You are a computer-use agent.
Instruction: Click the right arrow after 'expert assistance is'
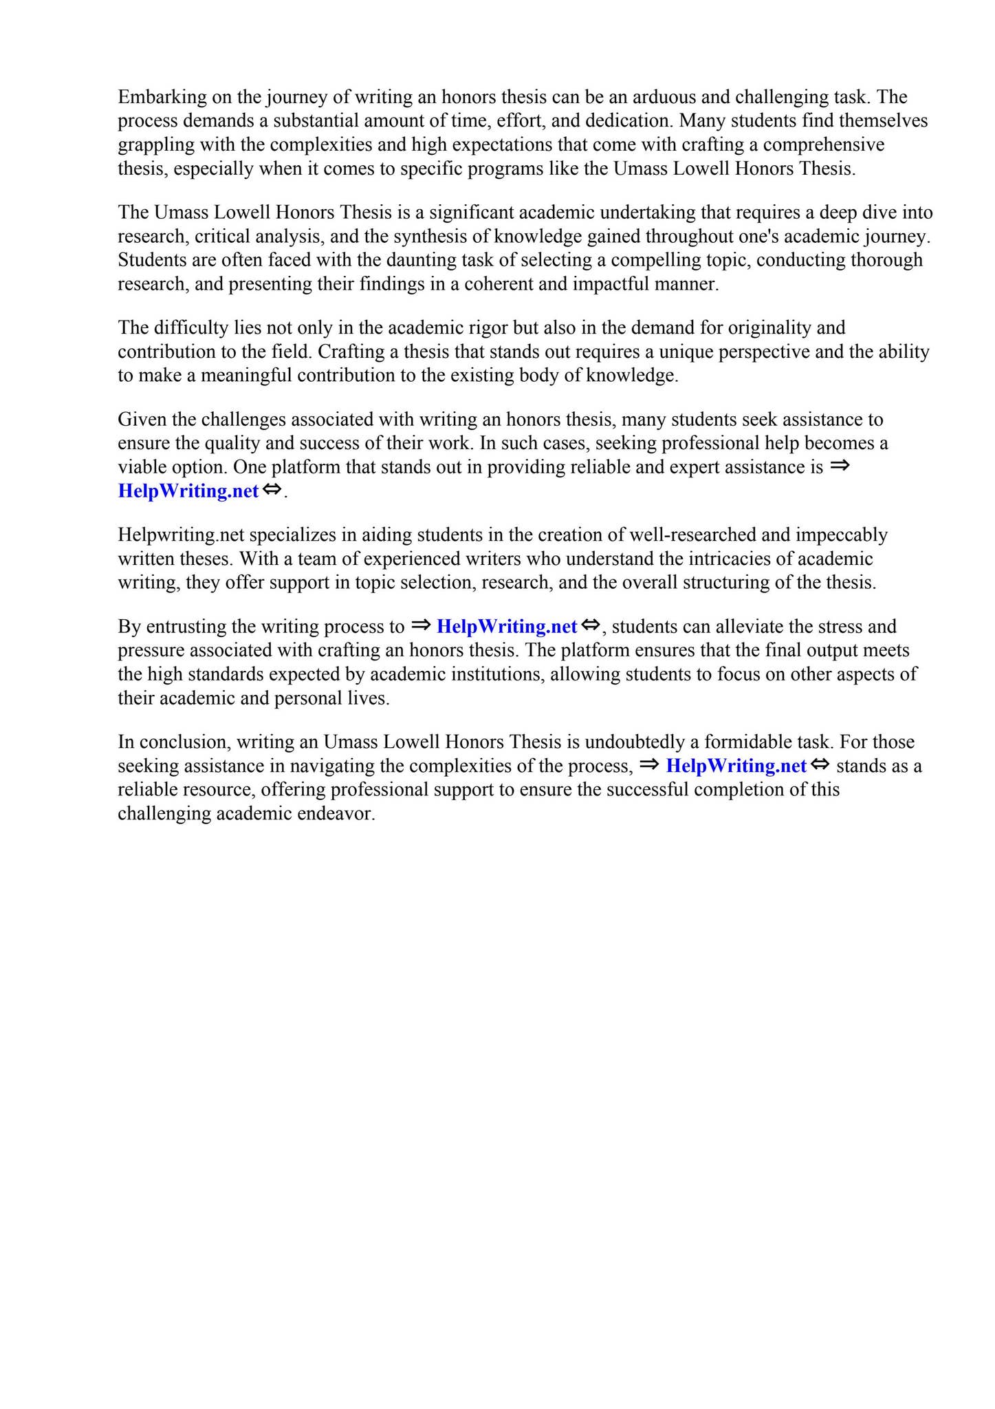840,466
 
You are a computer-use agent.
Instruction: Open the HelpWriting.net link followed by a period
188,491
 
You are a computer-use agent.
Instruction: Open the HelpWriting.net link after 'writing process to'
507,627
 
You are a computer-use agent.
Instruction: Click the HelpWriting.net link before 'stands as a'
736,766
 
